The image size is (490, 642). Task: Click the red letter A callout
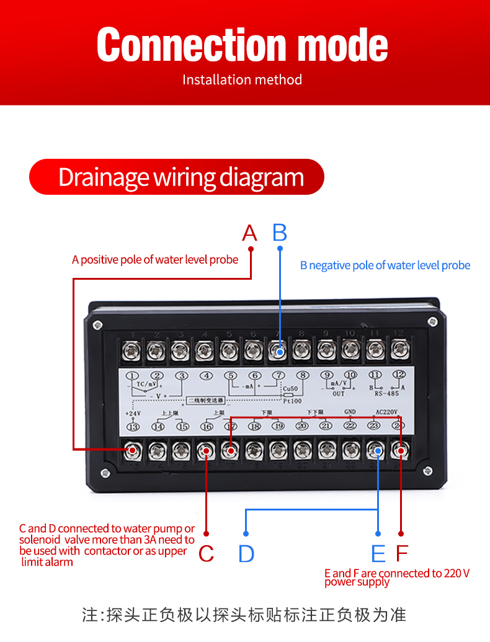click(x=249, y=233)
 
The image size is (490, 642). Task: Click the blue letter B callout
click(x=280, y=233)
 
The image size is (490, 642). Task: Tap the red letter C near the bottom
click(x=206, y=553)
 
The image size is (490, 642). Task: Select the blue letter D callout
click(x=246, y=553)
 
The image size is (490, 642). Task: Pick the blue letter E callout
click(x=378, y=553)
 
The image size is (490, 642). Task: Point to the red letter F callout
click(x=402, y=553)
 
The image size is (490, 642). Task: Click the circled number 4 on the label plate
click(x=206, y=375)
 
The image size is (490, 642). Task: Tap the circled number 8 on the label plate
click(x=303, y=375)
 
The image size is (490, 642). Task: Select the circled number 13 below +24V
click(x=132, y=426)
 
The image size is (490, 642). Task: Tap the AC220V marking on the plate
click(x=386, y=411)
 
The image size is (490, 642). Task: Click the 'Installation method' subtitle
click(x=242, y=80)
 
